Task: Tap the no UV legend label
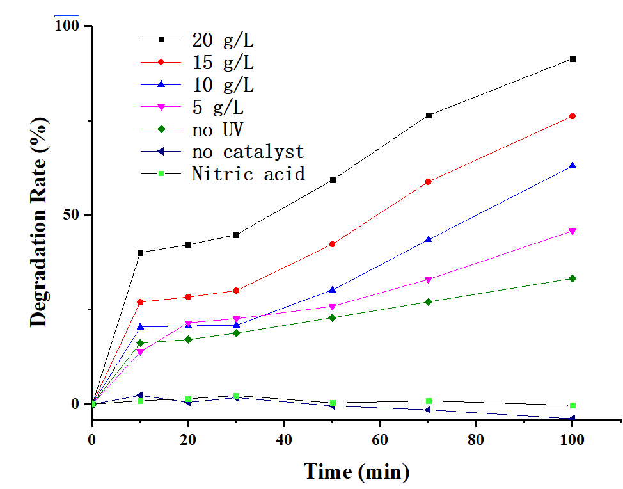tap(217, 129)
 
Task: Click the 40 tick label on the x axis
tap(285, 440)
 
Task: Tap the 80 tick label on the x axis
tap(477, 440)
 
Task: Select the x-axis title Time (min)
tap(356, 472)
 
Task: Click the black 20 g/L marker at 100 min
tap(572, 59)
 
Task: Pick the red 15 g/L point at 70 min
tap(429, 182)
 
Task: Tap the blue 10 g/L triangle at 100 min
tap(572, 166)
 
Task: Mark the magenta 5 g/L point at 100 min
tap(572, 231)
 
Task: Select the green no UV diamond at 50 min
tap(333, 317)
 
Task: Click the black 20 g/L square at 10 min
tap(141, 252)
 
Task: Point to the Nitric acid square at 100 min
tap(572, 405)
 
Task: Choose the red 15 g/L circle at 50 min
tap(333, 244)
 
